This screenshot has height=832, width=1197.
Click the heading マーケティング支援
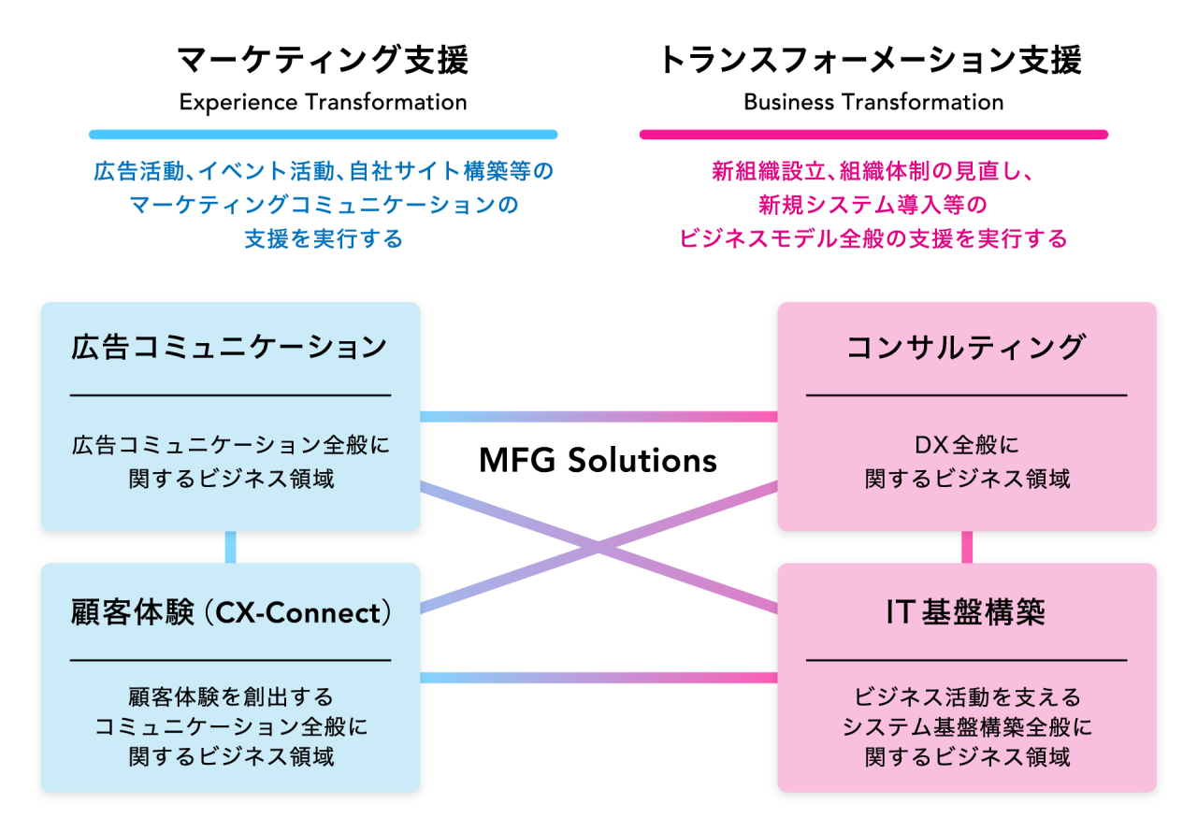pyautogui.click(x=323, y=61)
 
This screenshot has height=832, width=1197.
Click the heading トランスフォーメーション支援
pyautogui.click(x=871, y=61)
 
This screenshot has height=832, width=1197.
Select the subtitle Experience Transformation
pyautogui.click(x=323, y=102)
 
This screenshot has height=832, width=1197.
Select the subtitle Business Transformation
pyautogui.click(x=873, y=102)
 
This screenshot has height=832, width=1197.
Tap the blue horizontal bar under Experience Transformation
pyautogui.click(x=323, y=135)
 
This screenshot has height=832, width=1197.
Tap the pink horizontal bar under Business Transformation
pyautogui.click(x=873, y=135)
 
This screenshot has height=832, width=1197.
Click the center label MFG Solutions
pyautogui.click(x=598, y=460)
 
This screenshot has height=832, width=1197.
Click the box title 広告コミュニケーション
pyautogui.click(x=229, y=347)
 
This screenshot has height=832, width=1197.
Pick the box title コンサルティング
pyautogui.click(x=966, y=347)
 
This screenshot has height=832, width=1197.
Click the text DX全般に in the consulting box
pyautogui.click(x=966, y=445)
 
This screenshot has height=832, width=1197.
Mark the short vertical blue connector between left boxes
pyautogui.click(x=230, y=548)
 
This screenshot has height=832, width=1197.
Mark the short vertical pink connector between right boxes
pyautogui.click(x=967, y=548)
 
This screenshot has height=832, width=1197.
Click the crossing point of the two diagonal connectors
pyautogui.click(x=598, y=548)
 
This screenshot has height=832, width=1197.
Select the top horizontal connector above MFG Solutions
pyautogui.click(x=598, y=416)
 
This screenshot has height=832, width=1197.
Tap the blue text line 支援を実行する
pyautogui.click(x=323, y=239)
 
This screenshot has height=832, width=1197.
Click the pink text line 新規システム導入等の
pyautogui.click(x=873, y=205)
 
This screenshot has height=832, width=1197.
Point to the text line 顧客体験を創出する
pyautogui.click(x=230, y=697)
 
